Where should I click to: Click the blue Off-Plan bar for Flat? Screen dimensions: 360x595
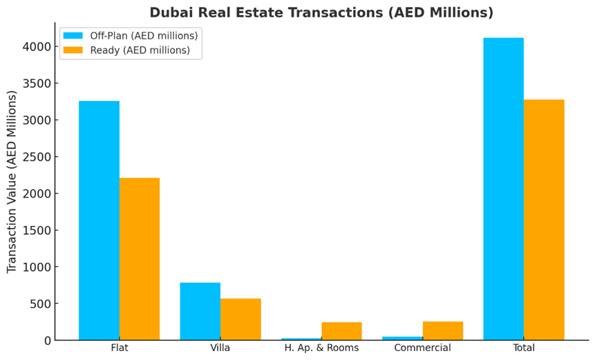pos(99,220)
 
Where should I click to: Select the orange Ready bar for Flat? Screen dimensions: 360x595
pos(140,258)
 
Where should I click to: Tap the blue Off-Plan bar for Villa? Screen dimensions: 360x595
pos(200,311)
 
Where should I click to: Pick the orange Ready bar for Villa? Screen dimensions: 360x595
pos(240,319)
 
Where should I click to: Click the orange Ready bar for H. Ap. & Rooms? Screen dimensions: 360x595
pos(341,331)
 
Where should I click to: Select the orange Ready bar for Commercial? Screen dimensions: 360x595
pos(443,330)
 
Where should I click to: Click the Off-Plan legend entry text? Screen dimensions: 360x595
pos(144,36)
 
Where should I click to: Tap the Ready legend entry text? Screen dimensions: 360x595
pos(140,50)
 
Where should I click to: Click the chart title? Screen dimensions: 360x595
pos(321,12)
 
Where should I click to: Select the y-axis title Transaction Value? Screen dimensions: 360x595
pos(12,181)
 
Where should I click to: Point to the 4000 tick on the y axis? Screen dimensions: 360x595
pos(37,47)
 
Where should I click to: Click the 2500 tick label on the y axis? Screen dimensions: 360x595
pos(37,157)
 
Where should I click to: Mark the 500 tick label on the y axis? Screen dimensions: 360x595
pos(39,304)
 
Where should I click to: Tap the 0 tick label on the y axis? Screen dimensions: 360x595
pos(47,341)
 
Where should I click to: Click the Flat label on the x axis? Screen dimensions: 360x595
pos(120,348)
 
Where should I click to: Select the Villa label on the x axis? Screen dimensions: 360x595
pos(220,348)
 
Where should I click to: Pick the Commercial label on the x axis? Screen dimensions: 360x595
pos(422,348)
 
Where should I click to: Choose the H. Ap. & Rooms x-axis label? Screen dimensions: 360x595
pos(321,348)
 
